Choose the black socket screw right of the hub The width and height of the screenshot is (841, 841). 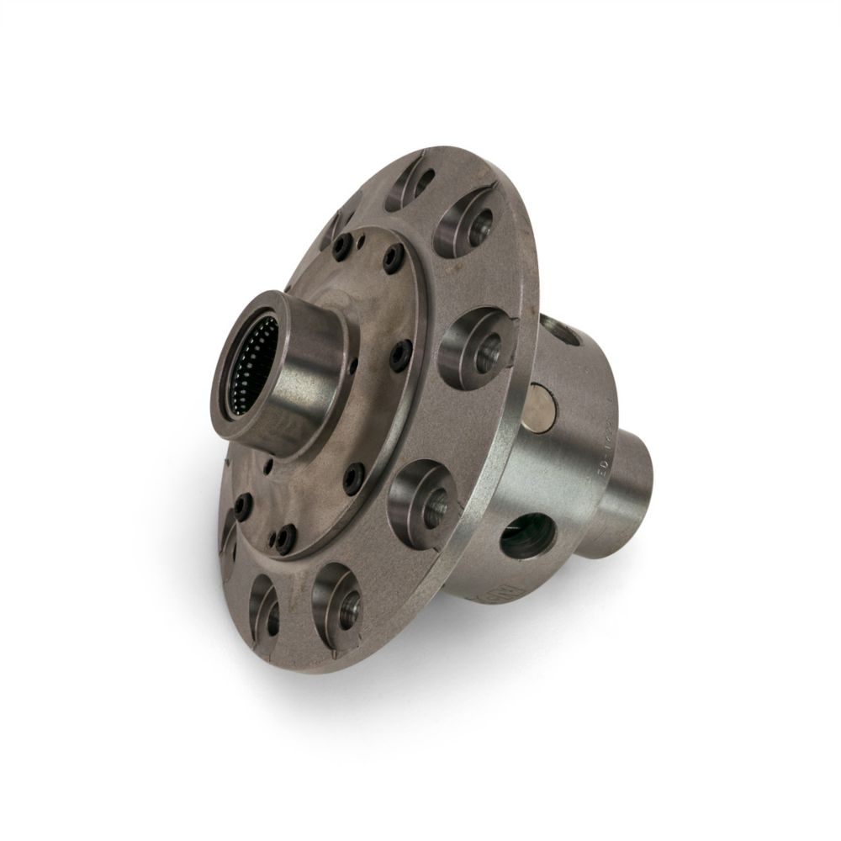[400, 354]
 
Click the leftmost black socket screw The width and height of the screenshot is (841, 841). [241, 505]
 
